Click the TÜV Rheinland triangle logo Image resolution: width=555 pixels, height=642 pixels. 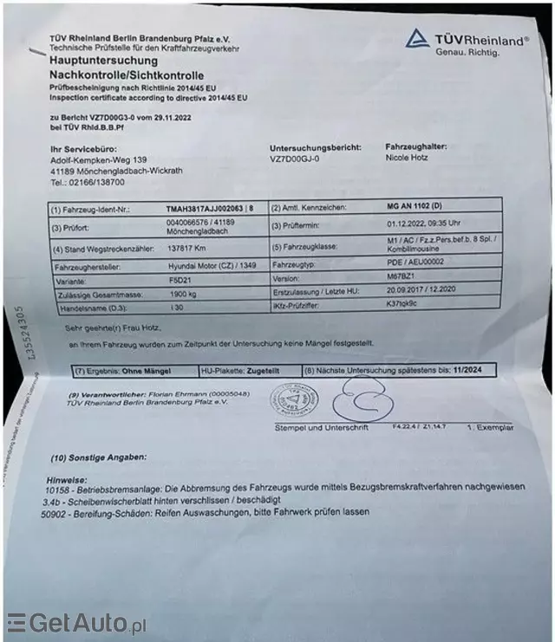[x=418, y=37]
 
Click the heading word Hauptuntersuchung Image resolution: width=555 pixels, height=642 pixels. [x=104, y=62]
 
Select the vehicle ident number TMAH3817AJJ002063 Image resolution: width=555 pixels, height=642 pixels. [x=205, y=209]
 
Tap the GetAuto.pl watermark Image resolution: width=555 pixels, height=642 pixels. [x=78, y=623]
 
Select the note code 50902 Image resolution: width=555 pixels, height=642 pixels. [x=54, y=512]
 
